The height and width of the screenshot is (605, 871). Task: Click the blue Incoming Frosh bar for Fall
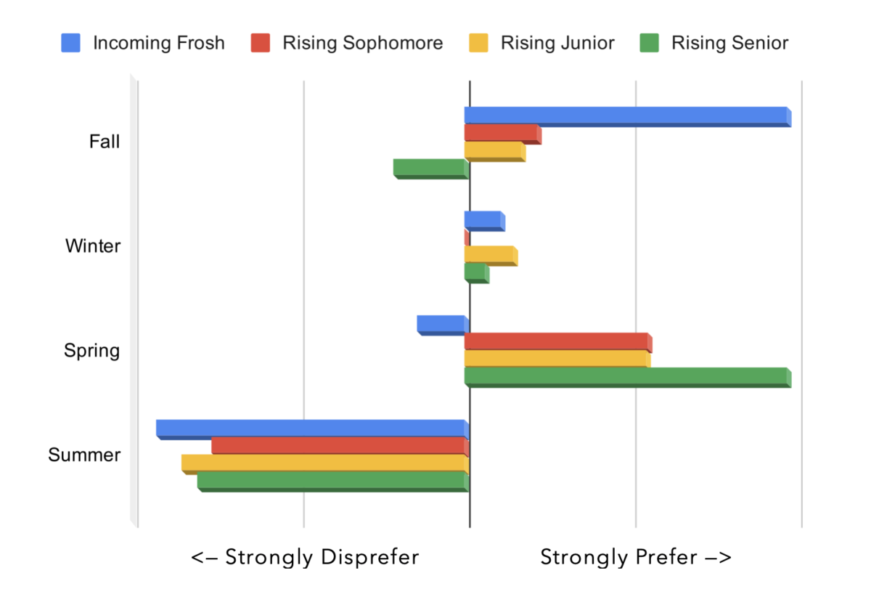[627, 116]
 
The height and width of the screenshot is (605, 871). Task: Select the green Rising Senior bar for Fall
[430, 168]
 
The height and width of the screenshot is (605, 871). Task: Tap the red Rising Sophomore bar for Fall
[502, 134]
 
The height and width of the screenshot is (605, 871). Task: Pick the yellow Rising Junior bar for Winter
[491, 256]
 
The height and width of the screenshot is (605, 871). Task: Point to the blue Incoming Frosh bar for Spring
[442, 325]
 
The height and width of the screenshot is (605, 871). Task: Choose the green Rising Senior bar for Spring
[627, 377]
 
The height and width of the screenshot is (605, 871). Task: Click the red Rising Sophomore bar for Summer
[339, 446]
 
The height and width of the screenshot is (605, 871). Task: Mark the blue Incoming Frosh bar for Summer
[311, 429]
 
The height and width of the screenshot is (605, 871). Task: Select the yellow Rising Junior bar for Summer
[324, 463]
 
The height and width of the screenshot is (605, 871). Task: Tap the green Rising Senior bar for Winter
[476, 273]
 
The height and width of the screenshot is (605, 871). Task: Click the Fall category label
[105, 142]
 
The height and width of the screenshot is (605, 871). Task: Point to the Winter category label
[93, 246]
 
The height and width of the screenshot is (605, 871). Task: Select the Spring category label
[92, 351]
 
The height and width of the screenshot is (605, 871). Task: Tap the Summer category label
[84, 455]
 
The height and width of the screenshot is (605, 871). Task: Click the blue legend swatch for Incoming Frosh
[70, 43]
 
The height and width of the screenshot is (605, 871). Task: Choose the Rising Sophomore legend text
[363, 43]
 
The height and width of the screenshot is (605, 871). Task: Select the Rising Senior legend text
[729, 43]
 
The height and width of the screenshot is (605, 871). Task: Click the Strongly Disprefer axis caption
[305, 557]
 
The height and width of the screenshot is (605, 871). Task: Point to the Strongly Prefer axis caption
[636, 557]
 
